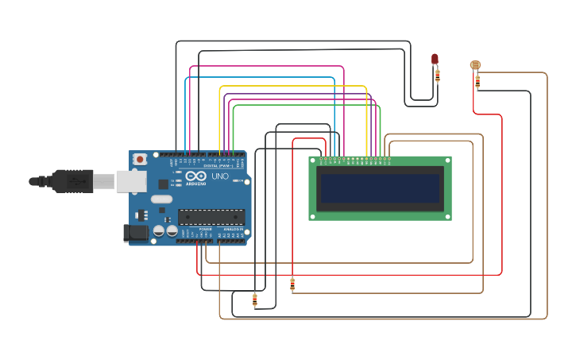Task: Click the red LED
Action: [435, 59]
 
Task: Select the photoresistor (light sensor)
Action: [475, 65]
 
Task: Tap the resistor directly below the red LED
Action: [437, 75]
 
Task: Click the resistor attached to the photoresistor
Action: [477, 81]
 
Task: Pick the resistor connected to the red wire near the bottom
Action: [292, 284]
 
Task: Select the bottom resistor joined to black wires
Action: [254, 300]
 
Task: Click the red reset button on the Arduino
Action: [141, 159]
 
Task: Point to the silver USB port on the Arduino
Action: [131, 182]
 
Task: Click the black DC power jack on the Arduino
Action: [136, 233]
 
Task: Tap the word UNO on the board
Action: [220, 176]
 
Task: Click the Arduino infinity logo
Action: [196, 176]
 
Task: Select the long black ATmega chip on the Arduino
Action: [211, 217]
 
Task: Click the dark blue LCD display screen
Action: [380, 189]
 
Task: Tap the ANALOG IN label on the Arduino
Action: [233, 229]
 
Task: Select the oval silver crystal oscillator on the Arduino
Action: [161, 199]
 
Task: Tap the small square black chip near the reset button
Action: [163, 184]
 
